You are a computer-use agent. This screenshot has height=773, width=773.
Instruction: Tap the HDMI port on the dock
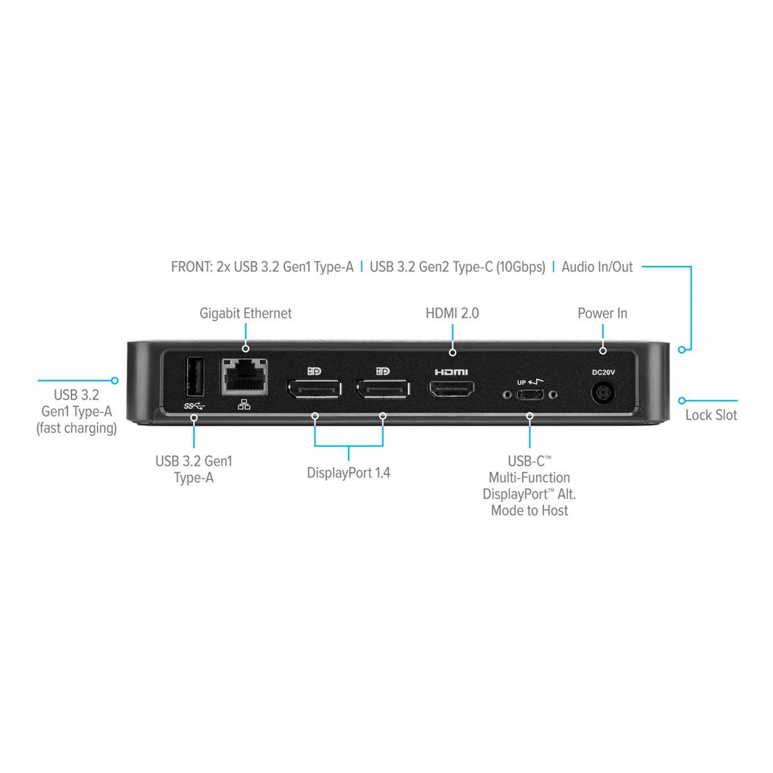(x=452, y=389)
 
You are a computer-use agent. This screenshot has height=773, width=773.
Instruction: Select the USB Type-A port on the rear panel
(x=194, y=376)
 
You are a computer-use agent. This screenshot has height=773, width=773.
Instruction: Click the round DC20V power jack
(x=603, y=393)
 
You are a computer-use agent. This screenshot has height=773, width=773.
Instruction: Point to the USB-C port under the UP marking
(x=530, y=395)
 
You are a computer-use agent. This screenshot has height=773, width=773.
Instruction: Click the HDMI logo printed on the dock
(x=451, y=372)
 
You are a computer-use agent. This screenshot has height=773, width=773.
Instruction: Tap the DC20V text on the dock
(x=603, y=372)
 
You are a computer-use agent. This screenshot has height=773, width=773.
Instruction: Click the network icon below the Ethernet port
(x=244, y=405)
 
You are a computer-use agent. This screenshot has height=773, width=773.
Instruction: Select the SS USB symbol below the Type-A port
(x=194, y=406)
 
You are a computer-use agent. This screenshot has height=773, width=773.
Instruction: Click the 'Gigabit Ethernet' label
(x=245, y=314)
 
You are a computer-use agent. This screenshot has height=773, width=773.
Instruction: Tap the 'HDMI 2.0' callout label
(x=452, y=314)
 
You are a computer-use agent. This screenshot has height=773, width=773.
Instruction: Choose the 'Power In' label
(x=602, y=314)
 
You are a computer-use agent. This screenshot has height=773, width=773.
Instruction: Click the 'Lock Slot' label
(x=711, y=415)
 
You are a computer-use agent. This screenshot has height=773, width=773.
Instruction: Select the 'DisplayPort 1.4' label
(x=348, y=472)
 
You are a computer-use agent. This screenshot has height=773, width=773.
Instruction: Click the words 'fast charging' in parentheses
(x=77, y=429)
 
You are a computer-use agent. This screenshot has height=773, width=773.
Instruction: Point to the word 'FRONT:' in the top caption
(x=192, y=267)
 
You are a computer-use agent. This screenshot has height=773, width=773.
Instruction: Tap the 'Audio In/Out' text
(x=597, y=267)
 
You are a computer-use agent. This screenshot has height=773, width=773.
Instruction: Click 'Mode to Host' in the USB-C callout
(x=530, y=511)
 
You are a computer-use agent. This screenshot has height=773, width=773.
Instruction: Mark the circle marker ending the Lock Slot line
(x=682, y=401)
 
